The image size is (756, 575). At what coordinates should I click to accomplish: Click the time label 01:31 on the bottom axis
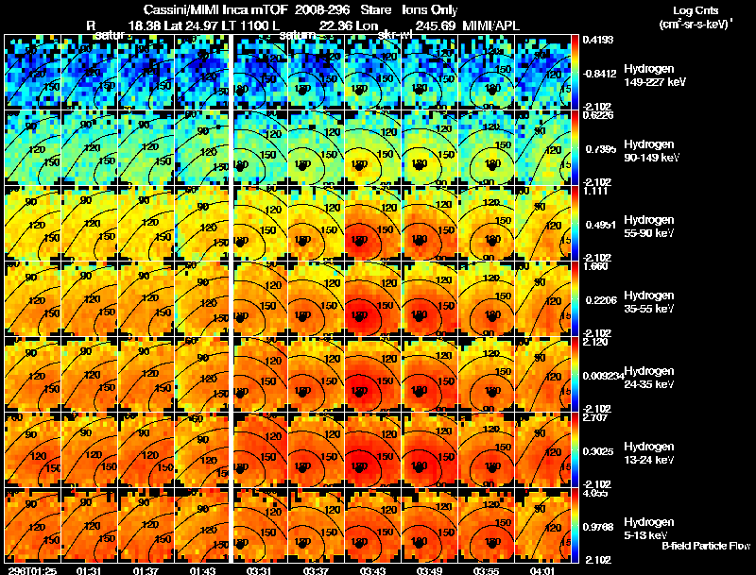point(90,570)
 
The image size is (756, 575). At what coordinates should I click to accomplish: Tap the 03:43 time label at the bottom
point(373,570)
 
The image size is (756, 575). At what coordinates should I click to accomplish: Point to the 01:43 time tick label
point(203,570)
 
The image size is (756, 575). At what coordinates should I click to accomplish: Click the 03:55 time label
point(488,570)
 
